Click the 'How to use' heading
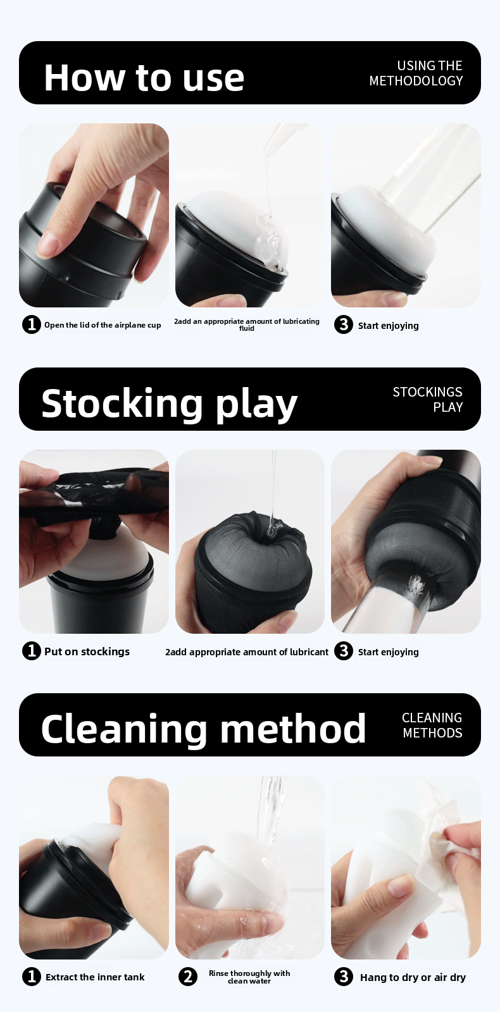pyautogui.click(x=144, y=78)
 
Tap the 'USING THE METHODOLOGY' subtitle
pyautogui.click(x=416, y=73)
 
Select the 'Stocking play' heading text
pyautogui.click(x=169, y=404)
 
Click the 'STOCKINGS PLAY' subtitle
pyautogui.click(x=427, y=400)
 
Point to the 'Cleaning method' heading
pyautogui.click(x=203, y=729)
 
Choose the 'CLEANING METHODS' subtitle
pyautogui.click(x=432, y=725)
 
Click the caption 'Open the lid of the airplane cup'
pyautogui.click(x=103, y=325)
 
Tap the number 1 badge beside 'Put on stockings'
pyautogui.click(x=31, y=651)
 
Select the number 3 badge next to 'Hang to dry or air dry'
pyautogui.click(x=343, y=977)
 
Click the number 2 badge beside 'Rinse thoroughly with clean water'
pyautogui.click(x=187, y=977)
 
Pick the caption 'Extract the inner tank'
pyautogui.click(x=95, y=977)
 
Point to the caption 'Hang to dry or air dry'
pyautogui.click(x=413, y=977)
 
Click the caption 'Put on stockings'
pyautogui.click(x=87, y=651)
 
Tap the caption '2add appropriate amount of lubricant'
pyautogui.click(x=247, y=652)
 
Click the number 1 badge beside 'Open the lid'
pyautogui.click(x=31, y=324)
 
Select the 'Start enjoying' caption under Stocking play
pyautogui.click(x=388, y=652)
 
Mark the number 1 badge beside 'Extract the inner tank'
pyautogui.click(x=31, y=977)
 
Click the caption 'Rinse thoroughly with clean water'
pyautogui.click(x=249, y=977)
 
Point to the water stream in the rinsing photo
pyautogui.click(x=272, y=816)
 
